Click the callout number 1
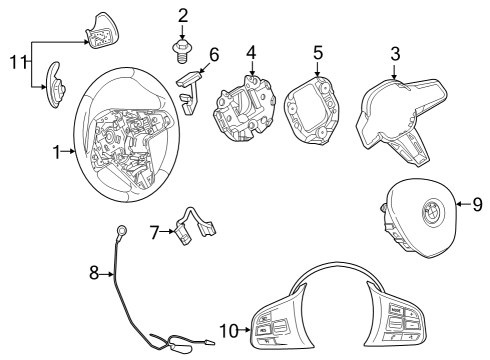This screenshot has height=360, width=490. pyautogui.click(x=57, y=151)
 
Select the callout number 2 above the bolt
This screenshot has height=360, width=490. pyautogui.click(x=183, y=15)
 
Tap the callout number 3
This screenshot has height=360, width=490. pyautogui.click(x=396, y=52)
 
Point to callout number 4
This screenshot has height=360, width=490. pyautogui.click(x=251, y=52)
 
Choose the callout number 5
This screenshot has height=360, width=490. pyautogui.click(x=317, y=52)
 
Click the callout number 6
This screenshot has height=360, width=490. pyautogui.click(x=213, y=53)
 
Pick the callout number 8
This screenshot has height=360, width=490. pyautogui.click(x=95, y=271)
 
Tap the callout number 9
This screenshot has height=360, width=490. pyautogui.click(x=477, y=206)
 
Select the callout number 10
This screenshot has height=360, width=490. pyautogui.click(x=229, y=328)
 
